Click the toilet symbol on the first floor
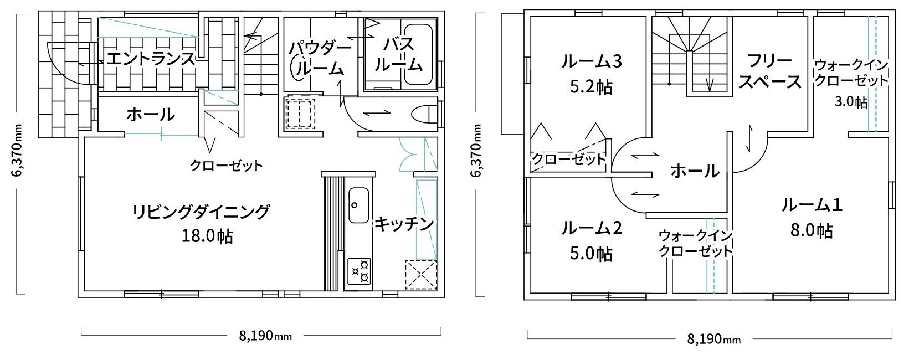pyautogui.click(x=424, y=114)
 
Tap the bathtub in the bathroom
pyautogui.click(x=418, y=55)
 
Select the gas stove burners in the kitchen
pyautogui.click(x=359, y=271)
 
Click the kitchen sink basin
pyautogui.click(x=358, y=205)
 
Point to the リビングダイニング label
pyautogui.click(x=201, y=212)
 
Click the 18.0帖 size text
pyautogui.click(x=207, y=236)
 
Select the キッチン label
pyautogui.click(x=404, y=224)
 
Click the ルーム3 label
pyautogui.click(x=591, y=61)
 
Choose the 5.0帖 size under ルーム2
pyautogui.click(x=591, y=254)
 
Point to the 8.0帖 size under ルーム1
pyautogui.click(x=811, y=231)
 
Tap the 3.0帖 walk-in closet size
pyautogui.click(x=851, y=102)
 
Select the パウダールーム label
pyautogui.click(x=320, y=59)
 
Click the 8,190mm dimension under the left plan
pyautogui.click(x=265, y=336)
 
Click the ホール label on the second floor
pyautogui.click(x=695, y=171)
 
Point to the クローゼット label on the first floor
pyautogui.click(x=227, y=166)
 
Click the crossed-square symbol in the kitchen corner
pyautogui.click(x=420, y=275)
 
